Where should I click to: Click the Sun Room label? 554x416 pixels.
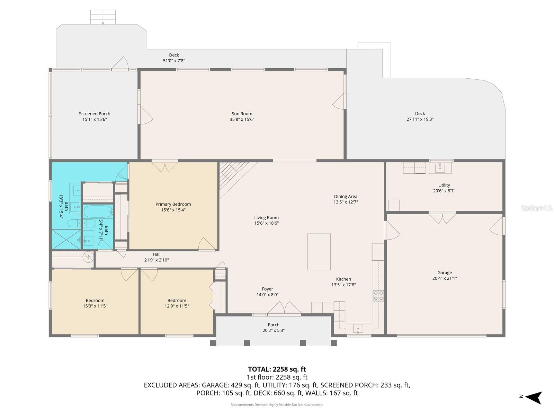coord(242,114)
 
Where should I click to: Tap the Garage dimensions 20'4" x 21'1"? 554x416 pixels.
coord(444,278)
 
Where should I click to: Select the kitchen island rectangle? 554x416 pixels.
coord(319,252)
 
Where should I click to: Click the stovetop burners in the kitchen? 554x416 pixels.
coord(378,295)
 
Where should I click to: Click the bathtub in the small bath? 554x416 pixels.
coord(98,211)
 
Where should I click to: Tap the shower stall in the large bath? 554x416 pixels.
coord(66,239)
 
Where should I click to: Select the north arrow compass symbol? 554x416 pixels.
coord(534,397)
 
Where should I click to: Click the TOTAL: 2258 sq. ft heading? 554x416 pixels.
coord(277,369)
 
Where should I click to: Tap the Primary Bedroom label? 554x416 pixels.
coord(173,204)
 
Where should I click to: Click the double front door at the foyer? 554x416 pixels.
coord(284,309)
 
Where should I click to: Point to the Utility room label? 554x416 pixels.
coord(444,185)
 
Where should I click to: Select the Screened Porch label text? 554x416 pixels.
coord(95,114)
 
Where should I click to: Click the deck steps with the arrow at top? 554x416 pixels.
coord(103,17)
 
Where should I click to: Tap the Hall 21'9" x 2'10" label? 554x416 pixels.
coord(157,257)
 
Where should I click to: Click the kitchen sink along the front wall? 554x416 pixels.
coord(358,328)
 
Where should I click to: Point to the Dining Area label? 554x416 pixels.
coord(345,197)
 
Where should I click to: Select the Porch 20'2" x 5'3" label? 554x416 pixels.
coord(273,328)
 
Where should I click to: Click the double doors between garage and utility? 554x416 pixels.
coord(442,218)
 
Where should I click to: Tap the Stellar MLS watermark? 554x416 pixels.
coord(536,208)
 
